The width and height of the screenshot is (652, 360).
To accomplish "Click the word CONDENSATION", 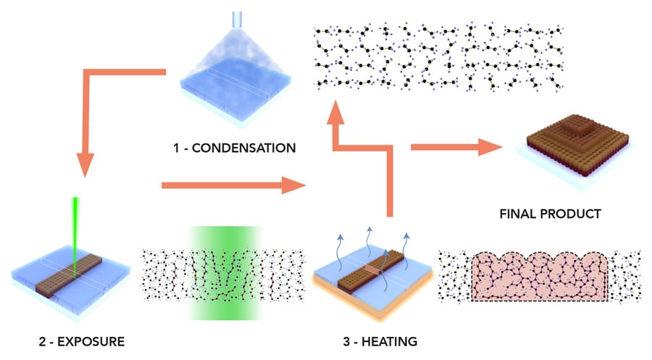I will [x=241, y=148].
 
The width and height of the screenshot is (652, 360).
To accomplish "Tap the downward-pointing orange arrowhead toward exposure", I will [x=85, y=165].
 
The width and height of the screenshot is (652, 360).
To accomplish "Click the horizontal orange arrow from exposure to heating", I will [x=232, y=187].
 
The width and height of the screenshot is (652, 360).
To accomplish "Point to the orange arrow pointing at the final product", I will [x=456, y=147].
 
